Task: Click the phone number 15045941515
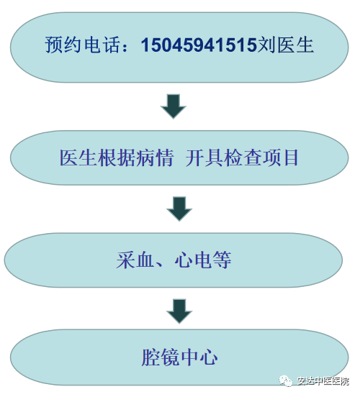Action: pos(199,45)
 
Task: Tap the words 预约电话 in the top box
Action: pos(82,45)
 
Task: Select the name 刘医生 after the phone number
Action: pos(286,45)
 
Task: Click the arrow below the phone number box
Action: pos(174,106)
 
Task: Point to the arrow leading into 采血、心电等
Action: pos(179,209)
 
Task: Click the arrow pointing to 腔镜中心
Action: pos(179,311)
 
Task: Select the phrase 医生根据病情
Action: pos(117,158)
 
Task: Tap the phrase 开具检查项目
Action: pos(242,158)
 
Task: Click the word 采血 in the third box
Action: pos(135,260)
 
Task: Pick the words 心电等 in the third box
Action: pos(203,260)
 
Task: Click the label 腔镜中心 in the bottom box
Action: pos(179,357)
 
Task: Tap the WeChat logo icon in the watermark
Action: pos(286,380)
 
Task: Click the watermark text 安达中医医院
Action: pos(323,381)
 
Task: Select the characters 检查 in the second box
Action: pos(242,158)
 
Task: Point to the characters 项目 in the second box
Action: pos(280,158)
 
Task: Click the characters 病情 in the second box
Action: pos(155,158)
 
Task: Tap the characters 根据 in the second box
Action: pos(117,158)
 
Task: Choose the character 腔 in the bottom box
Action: pos(151,357)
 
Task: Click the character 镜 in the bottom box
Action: pos(170,357)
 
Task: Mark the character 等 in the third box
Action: pos(222,260)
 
